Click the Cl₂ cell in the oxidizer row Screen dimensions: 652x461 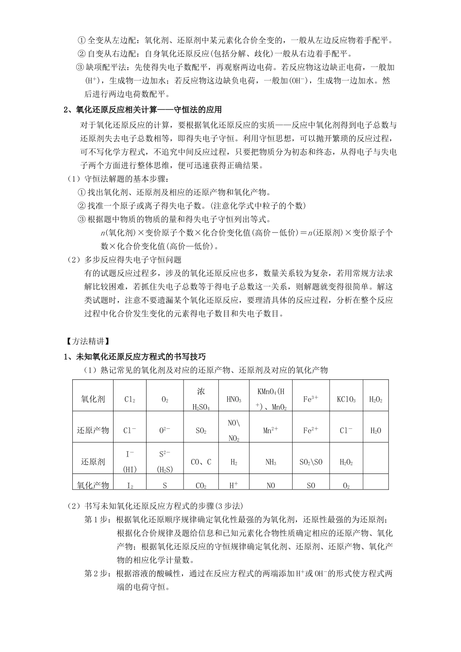(130, 400)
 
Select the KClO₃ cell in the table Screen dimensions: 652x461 (346, 400)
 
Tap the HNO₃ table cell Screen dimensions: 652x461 (233, 400)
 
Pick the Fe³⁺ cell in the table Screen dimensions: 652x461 (311, 399)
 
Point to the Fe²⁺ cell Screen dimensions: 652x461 (311, 430)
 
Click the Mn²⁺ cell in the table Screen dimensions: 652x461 (270, 430)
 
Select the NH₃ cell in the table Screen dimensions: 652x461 (270, 462)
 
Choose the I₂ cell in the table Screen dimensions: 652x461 (130, 485)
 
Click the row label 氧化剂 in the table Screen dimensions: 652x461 (93, 400)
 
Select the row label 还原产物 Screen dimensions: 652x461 (93, 430)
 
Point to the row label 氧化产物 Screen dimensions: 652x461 (93, 485)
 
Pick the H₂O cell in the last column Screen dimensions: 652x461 (376, 430)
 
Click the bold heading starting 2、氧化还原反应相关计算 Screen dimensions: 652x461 (144, 110)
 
